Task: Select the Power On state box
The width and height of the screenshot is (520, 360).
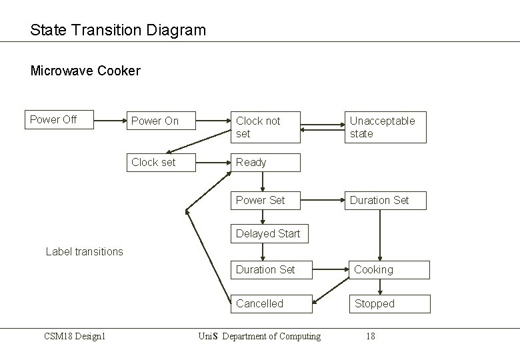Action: pos(161,121)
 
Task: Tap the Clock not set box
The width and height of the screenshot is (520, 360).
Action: pos(265,127)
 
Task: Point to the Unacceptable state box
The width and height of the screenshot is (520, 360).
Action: pos(385,127)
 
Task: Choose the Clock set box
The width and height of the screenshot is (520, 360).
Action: pos(161,162)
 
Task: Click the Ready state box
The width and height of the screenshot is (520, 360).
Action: pos(265,162)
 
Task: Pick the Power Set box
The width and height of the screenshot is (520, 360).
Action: pos(265,200)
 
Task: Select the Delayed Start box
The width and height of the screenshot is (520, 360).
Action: pos(269,233)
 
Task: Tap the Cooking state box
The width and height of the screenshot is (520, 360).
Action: pos(389,269)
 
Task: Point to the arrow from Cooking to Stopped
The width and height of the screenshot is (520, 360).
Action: pos(381,287)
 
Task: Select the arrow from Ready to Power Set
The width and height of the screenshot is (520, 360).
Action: pos(263,181)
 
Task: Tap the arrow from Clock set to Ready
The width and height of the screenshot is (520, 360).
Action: pos(213,162)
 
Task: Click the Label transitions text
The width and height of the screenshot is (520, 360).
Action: pos(84,251)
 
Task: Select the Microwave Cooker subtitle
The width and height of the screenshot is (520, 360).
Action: pos(85,71)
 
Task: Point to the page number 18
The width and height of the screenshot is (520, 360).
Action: pos(370,336)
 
